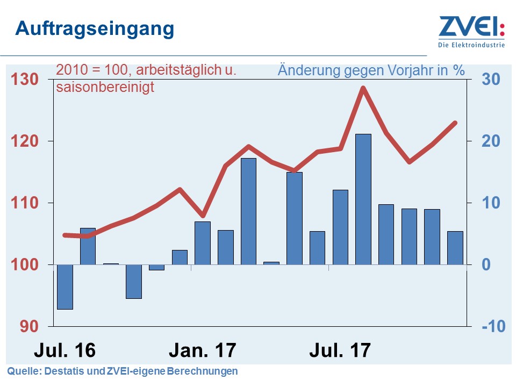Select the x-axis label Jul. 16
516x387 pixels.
point(64,350)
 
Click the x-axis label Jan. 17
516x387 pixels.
point(202,350)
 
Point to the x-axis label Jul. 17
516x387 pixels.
point(340,350)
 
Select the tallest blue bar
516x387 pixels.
point(363,199)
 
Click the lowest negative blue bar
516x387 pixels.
point(65,287)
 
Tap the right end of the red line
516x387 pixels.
point(455,123)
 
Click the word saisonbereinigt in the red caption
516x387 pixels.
point(105,87)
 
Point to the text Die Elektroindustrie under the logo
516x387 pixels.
point(472,45)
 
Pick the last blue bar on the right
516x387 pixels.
point(455,248)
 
